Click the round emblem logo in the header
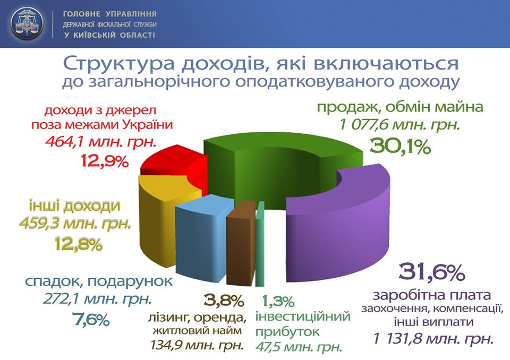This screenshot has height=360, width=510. tap(27, 23)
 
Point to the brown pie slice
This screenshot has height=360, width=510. tap(240, 244)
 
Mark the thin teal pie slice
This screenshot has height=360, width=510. tap(260, 244)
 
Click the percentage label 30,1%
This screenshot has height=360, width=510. tap(400, 147)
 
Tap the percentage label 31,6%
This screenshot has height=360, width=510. tap(431, 272)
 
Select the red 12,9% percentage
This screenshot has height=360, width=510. tap(105, 161)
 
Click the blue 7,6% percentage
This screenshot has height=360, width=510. tap(90, 320)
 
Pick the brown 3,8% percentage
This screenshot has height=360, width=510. tap(224, 301)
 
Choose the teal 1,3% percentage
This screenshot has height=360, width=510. tap(278, 302)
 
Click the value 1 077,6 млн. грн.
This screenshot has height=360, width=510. tap(399, 125)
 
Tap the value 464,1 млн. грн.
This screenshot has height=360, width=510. tap(101, 141)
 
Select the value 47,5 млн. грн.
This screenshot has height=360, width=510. tap(299, 347)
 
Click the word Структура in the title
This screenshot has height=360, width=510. tap(118, 64)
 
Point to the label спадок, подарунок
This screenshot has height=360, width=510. tap(99, 281)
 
